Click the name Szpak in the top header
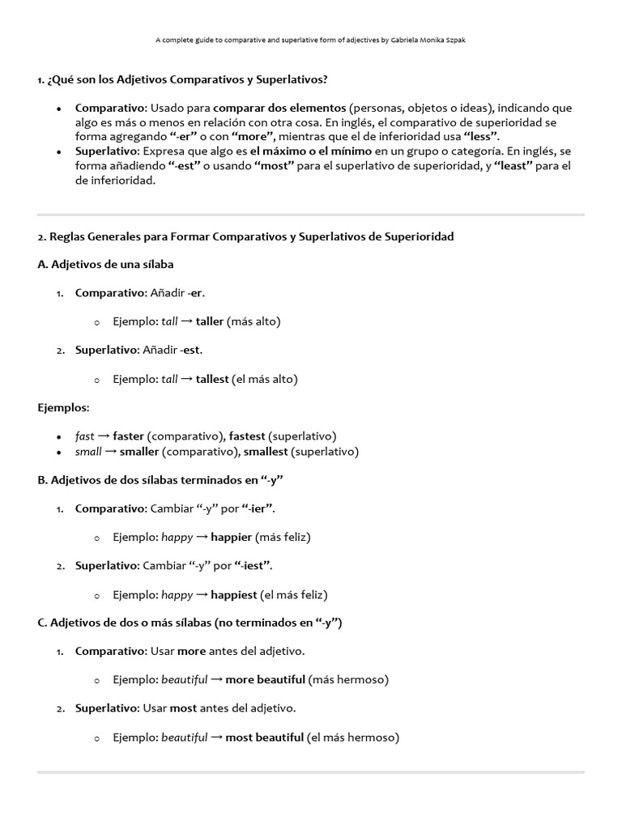(x=454, y=40)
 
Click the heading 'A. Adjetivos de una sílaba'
(x=105, y=264)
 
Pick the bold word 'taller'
(x=210, y=321)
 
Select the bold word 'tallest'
(x=212, y=379)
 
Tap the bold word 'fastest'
(x=247, y=436)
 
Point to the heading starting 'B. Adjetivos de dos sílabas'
(x=160, y=480)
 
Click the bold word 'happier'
(x=232, y=537)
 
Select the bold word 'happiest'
(x=233, y=594)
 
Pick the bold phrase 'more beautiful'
(x=265, y=679)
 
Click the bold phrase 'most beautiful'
(x=264, y=738)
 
